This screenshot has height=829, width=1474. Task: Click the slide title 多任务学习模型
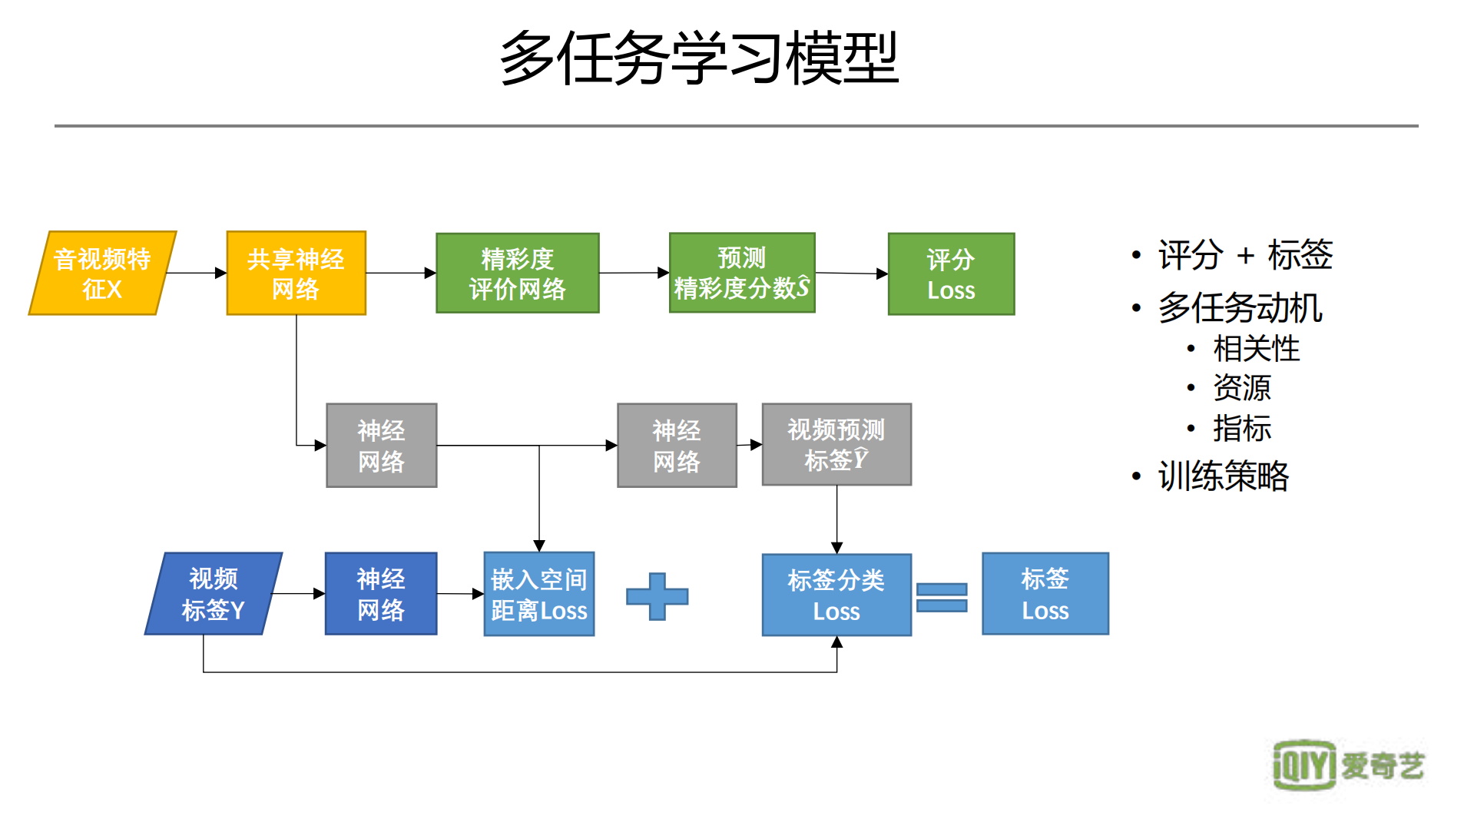698,58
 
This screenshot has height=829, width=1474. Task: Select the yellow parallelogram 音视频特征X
103,273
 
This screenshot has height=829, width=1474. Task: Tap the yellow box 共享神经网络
296,273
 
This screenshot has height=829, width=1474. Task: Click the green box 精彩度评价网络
517,273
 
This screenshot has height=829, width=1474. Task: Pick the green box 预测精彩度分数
741,273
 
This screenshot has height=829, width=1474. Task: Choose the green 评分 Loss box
951,274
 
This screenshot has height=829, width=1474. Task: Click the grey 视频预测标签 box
836,444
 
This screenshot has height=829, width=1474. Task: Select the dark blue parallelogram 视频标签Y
214,593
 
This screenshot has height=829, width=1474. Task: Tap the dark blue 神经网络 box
380,593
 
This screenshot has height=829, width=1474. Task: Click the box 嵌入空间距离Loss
538,594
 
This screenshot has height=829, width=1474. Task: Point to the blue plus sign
657,596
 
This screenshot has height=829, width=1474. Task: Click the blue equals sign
942,597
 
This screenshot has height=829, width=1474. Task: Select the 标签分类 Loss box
836,595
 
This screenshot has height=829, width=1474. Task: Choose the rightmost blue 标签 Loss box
1045,593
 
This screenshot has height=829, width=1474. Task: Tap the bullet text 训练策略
1223,476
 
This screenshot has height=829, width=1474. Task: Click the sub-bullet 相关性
1256,349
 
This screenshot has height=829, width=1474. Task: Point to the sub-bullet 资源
1241,388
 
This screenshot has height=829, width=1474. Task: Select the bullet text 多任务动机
1240,307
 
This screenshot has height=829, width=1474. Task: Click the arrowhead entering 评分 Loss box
882,274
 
